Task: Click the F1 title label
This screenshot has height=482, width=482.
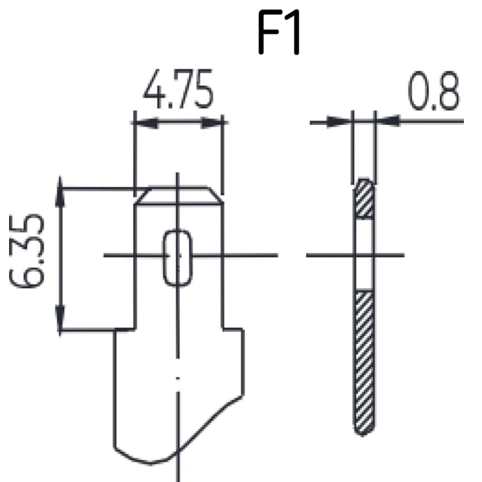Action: pos(279,32)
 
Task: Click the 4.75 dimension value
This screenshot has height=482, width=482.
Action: pos(178,89)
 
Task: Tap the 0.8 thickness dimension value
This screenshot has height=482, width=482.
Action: pos(434,90)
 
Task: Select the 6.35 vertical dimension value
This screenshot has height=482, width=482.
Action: pos(27,251)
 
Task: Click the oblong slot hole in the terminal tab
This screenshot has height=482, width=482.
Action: pos(178,258)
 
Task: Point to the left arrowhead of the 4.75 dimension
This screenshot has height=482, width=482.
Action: pos(146,123)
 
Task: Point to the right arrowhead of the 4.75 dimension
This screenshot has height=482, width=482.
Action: pos(212,123)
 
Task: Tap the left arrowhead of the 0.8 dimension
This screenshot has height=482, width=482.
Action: pos(339,122)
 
